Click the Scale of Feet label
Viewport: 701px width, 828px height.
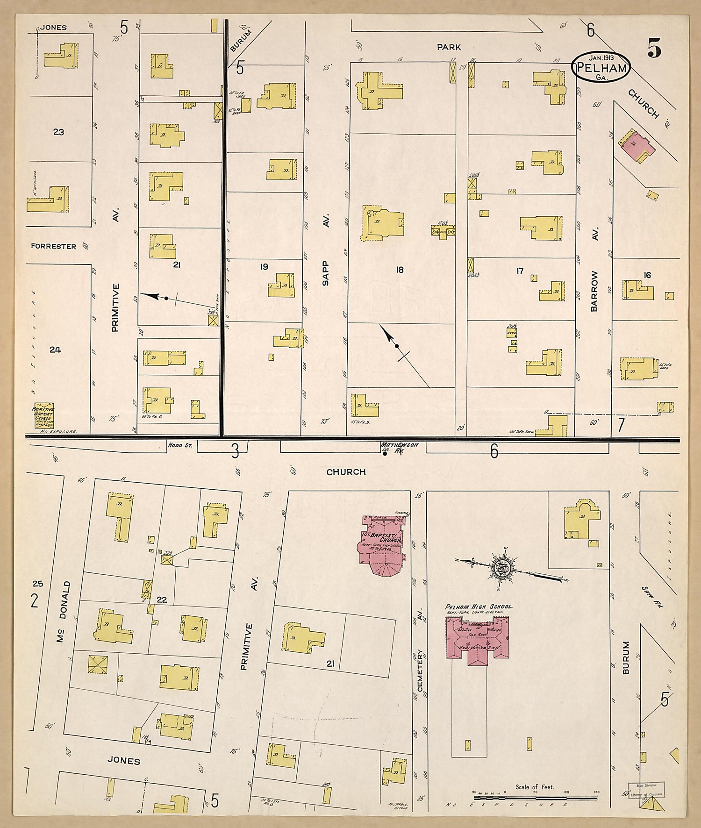[x=535, y=787]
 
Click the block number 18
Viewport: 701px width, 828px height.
[x=399, y=270]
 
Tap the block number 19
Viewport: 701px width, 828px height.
[x=264, y=267]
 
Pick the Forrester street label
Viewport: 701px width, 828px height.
[x=54, y=246]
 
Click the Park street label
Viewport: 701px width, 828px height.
[x=449, y=47]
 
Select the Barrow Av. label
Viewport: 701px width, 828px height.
[x=594, y=271]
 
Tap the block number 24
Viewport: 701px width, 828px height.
[x=55, y=349]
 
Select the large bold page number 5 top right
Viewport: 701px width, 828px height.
[x=655, y=48]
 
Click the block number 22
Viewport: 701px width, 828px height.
[x=162, y=600]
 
